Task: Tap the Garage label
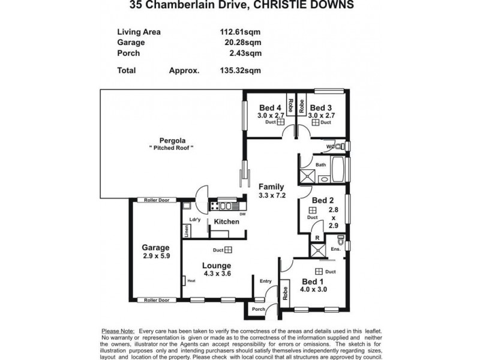tap(155, 247)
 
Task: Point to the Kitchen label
tap(226, 222)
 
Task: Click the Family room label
tap(271, 187)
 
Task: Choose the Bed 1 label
tap(313, 282)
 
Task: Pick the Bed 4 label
tap(265, 108)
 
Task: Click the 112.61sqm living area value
tap(240, 32)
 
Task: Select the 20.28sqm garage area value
tap(242, 43)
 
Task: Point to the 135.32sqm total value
tap(240, 70)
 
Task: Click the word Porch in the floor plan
tap(259, 310)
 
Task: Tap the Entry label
tap(265, 281)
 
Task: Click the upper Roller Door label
tap(154, 200)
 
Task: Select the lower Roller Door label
tap(155, 300)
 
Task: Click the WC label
tap(329, 146)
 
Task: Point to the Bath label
tap(320, 164)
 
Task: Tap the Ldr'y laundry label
tap(194, 220)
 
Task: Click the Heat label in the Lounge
tap(191, 280)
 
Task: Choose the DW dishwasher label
tap(242, 214)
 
